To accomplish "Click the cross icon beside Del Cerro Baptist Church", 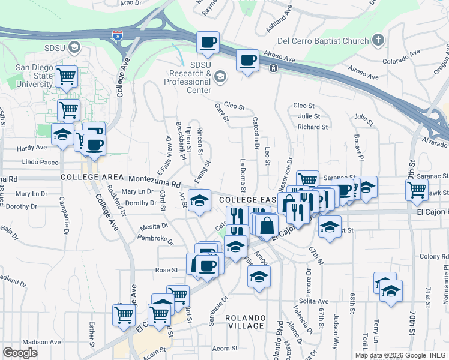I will click(x=378, y=41).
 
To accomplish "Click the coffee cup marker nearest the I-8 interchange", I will click(x=208, y=43).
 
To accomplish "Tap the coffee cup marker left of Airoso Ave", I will click(x=247, y=61).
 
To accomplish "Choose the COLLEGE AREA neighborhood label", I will click(x=91, y=178).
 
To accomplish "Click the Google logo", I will click(x=20, y=353).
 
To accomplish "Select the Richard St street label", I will click(x=313, y=127).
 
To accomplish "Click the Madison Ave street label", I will click(x=41, y=342).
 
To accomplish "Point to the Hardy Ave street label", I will click(x=32, y=148).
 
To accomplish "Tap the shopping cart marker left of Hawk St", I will click(x=416, y=191).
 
